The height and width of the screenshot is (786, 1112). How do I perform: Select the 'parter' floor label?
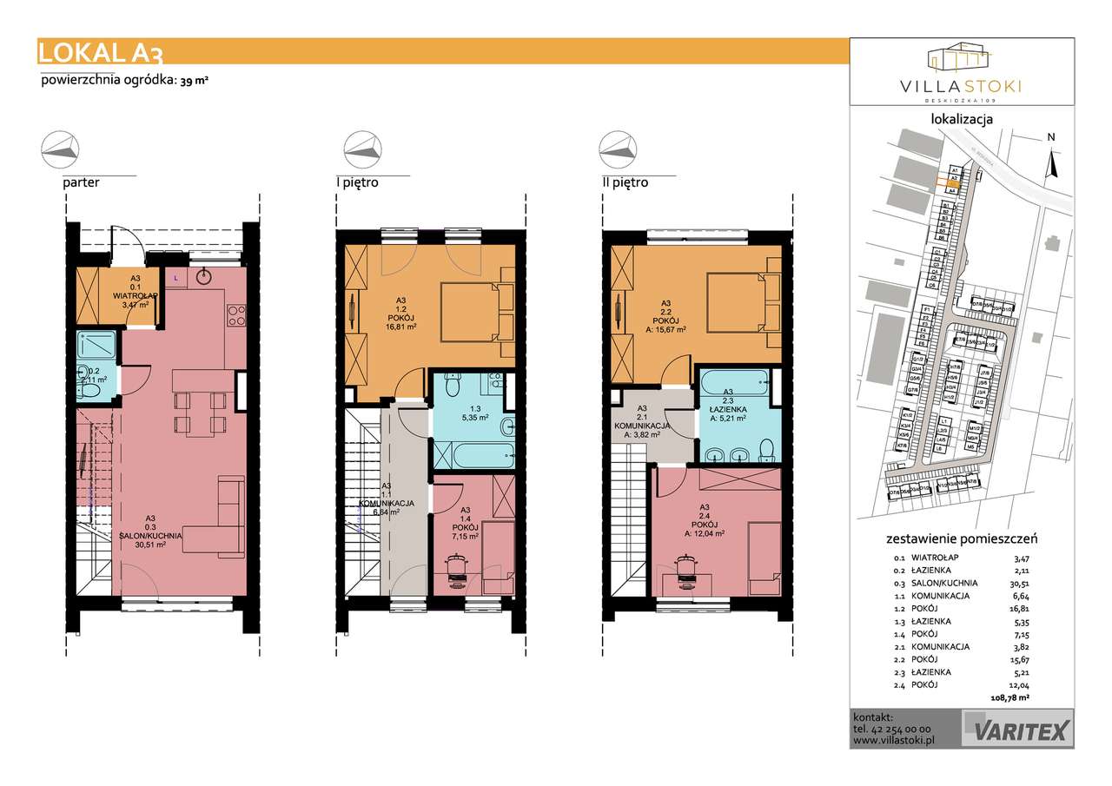pyautogui.click(x=80, y=182)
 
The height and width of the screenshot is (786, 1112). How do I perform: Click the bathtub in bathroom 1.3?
pyautogui.click(x=473, y=453)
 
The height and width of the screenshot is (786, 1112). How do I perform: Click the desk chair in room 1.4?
pyautogui.click(x=458, y=568)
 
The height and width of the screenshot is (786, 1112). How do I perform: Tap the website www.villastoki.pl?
pyautogui.click(x=893, y=742)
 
